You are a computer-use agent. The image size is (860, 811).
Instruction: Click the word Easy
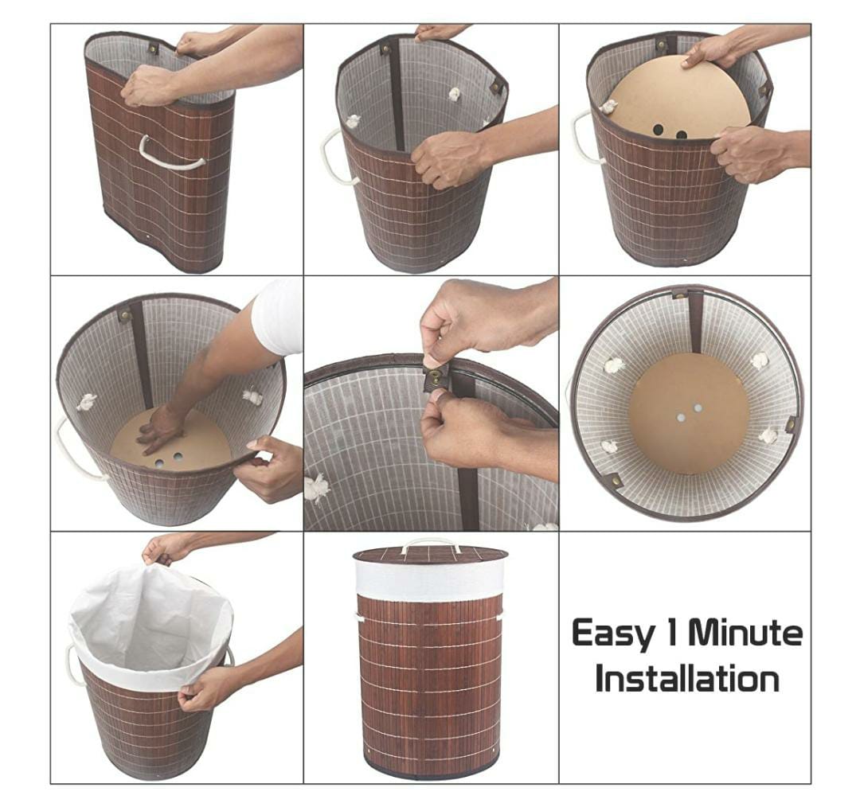click(612, 633)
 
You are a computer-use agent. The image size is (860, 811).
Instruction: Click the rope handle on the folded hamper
click(172, 154)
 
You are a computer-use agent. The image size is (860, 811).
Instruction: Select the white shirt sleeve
click(278, 317)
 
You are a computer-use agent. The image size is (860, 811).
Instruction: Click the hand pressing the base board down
click(159, 429)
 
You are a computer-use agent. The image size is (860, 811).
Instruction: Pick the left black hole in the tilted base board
click(659, 131)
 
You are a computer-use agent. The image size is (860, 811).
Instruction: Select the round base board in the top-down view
click(689, 416)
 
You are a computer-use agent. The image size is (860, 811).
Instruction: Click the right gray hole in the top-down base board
click(698, 408)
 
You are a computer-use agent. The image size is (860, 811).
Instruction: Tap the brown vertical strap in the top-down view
click(695, 322)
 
